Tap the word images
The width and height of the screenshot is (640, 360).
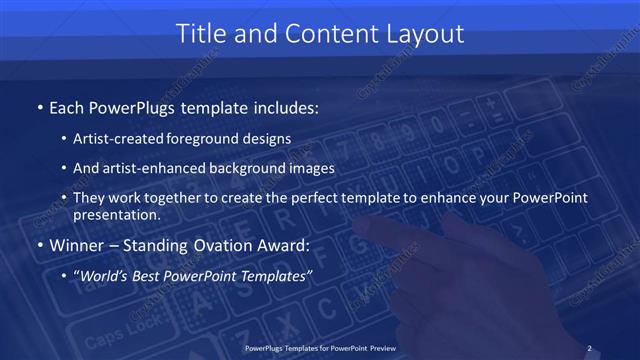click(309, 168)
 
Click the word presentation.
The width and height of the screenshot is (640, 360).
click(116, 215)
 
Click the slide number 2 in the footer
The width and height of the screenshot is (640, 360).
click(589, 348)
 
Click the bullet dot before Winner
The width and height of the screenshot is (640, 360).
click(39, 243)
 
